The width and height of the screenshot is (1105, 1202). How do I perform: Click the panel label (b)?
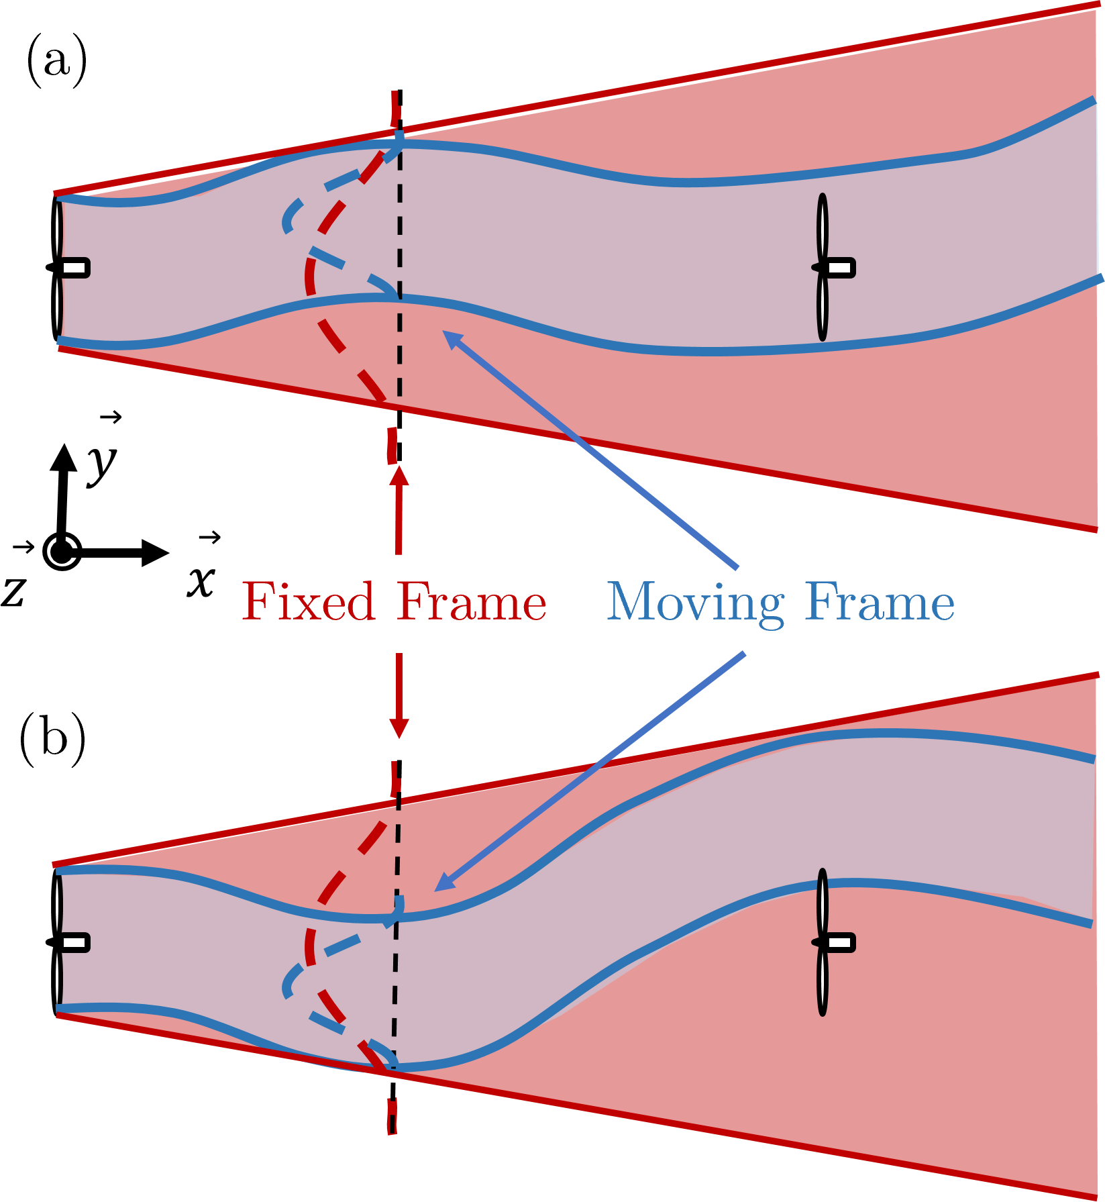tap(53, 740)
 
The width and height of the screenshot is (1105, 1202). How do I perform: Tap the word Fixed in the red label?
tap(308, 601)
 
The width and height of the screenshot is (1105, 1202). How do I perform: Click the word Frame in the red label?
tap(471, 601)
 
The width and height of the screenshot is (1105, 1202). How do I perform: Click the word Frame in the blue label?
tap(880, 602)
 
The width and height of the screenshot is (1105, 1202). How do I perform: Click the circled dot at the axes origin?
tap(62, 552)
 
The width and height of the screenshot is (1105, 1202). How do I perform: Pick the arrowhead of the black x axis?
tap(156, 552)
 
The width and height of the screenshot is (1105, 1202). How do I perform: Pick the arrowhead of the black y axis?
tap(64, 456)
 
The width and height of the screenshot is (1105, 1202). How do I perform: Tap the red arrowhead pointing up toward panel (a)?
tap(400, 475)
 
